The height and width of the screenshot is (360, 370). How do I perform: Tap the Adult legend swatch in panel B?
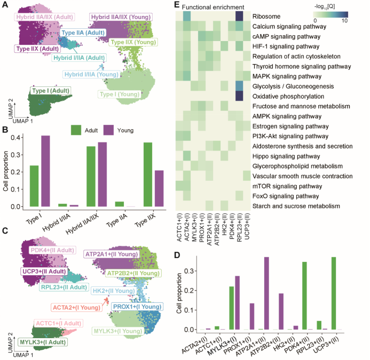pos(76,130)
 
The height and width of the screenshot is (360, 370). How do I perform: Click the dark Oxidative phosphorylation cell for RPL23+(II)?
pos(240,95)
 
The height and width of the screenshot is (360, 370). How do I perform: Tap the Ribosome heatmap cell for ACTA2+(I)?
pos(186,17)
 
